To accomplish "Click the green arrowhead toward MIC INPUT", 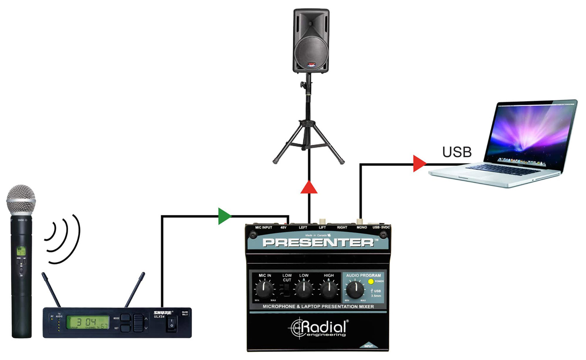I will [x=224, y=216].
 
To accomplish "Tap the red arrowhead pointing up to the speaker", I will [x=309, y=188].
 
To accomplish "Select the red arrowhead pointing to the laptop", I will [x=419, y=164].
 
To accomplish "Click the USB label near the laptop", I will [x=457, y=152].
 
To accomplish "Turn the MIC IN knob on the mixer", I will [x=264, y=289].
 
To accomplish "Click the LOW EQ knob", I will [x=304, y=289].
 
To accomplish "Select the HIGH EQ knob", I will [x=329, y=289].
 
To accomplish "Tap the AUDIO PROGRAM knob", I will [x=355, y=290].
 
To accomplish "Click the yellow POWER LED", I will [x=371, y=282].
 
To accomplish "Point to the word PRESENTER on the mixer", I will [x=318, y=242].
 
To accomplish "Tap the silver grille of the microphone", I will [x=21, y=200].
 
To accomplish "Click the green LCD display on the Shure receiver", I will [x=88, y=322].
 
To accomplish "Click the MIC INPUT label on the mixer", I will [x=263, y=227].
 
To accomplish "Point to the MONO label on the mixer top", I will [x=361, y=227].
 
